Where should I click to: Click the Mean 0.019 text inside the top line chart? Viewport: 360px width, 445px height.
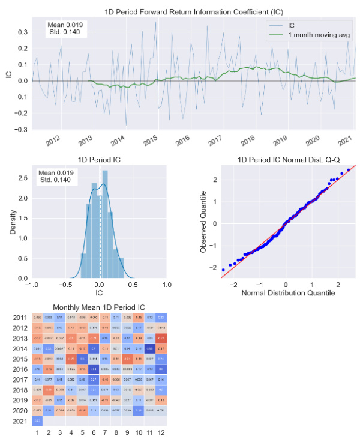(x=65, y=25)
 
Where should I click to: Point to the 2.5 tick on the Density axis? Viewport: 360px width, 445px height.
(x=22, y=178)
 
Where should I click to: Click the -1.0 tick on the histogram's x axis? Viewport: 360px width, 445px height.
(x=32, y=285)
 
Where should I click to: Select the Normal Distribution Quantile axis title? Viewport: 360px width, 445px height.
(x=290, y=294)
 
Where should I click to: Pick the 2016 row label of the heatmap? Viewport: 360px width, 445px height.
(x=19, y=369)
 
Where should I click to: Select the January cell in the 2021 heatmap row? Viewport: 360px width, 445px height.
(x=38, y=421)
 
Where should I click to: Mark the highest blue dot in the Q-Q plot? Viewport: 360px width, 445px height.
(x=348, y=169)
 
